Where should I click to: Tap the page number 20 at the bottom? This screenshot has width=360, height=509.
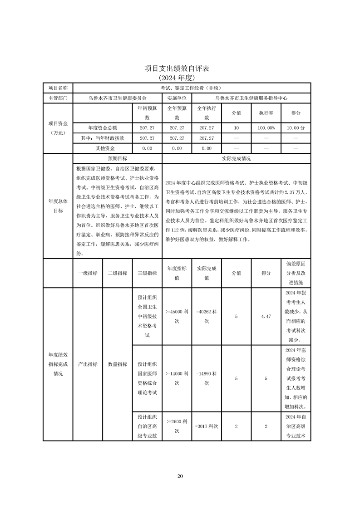180,476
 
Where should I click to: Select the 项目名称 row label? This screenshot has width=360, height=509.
58,88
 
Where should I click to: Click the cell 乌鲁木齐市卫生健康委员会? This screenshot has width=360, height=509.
117,98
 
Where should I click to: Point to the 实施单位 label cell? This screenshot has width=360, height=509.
177,98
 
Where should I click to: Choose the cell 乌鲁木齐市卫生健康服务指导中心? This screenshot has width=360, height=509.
251,98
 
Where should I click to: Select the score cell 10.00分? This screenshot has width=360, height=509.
296,128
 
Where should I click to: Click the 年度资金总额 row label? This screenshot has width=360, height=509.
102,128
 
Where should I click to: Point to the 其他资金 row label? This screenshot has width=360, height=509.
102,148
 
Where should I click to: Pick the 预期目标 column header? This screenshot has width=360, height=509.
117,159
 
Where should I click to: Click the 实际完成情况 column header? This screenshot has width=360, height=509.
236,159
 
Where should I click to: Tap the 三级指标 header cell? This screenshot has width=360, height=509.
147,273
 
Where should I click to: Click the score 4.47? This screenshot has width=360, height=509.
266,316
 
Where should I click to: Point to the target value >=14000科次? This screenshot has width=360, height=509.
177,378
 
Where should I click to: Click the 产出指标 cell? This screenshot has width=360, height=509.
88,364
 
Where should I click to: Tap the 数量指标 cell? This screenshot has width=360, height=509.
117,364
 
